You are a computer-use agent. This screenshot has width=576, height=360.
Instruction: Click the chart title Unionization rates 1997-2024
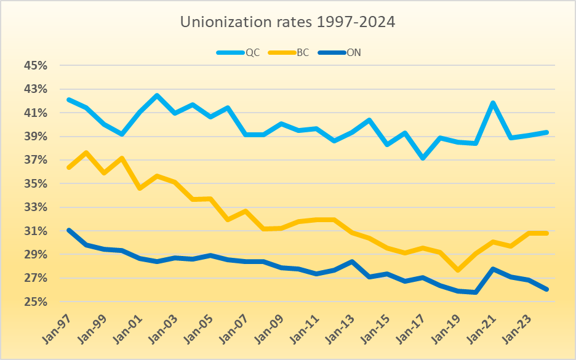click(x=287, y=22)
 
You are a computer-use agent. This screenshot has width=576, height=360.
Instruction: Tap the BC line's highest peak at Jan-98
click(x=86, y=153)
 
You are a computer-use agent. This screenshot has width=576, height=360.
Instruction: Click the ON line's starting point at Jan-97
click(x=68, y=230)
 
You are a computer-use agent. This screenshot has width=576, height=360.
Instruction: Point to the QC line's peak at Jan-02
click(x=157, y=95)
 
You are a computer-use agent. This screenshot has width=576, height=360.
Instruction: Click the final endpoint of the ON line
click(x=546, y=289)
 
